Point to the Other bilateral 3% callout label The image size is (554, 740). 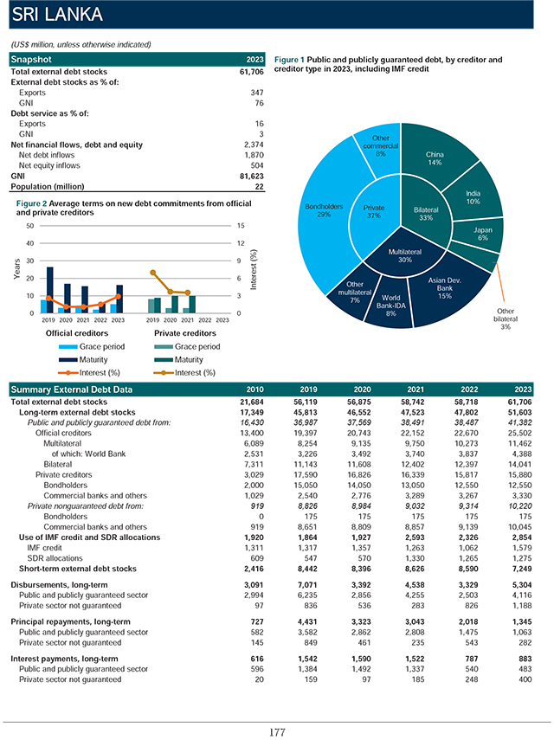click(x=506, y=319)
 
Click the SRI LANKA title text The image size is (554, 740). click(x=57, y=14)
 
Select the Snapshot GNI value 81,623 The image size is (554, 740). click(x=252, y=176)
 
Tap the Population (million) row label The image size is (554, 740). click(x=48, y=186)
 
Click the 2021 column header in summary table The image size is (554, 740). click(x=415, y=389)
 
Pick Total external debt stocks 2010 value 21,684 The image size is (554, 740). click(x=252, y=402)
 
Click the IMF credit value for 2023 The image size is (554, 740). click(x=522, y=548)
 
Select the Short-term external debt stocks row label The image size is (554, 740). click(x=77, y=569)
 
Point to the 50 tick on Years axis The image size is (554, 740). click(x=30, y=226)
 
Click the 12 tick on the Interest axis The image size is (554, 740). click(x=241, y=243)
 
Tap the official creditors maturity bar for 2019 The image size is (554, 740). click(x=50, y=290)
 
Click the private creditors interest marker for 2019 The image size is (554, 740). click(x=153, y=273)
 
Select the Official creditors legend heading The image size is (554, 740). click(x=77, y=333)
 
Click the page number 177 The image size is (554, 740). click(x=277, y=732)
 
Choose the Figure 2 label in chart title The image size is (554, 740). click(x=32, y=203)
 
